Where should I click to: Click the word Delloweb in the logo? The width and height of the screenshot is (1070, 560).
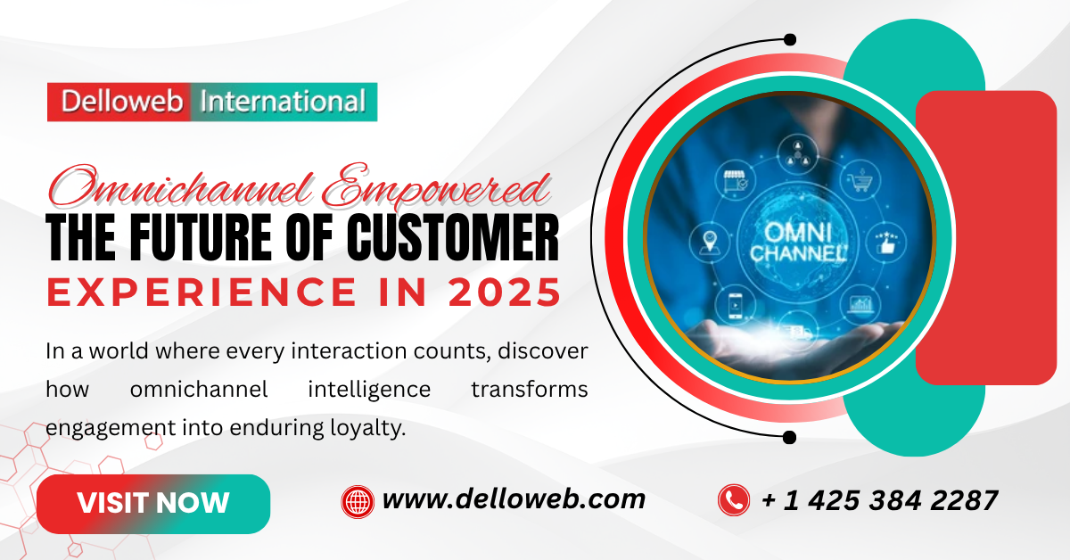[122, 102]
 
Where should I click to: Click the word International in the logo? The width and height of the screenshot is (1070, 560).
[283, 102]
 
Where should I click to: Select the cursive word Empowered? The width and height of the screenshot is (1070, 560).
[436, 187]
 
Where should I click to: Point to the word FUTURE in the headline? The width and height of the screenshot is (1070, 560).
[201, 237]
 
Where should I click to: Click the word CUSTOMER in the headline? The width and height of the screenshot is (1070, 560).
[453, 237]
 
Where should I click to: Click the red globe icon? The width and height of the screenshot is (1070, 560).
[358, 502]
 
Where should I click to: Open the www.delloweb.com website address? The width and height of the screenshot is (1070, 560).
[514, 499]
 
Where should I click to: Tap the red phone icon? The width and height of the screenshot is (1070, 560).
[734, 500]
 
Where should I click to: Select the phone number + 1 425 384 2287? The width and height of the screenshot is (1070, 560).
[879, 500]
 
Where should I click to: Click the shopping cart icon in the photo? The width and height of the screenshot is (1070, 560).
[860, 180]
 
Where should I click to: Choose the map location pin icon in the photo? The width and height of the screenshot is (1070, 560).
[710, 243]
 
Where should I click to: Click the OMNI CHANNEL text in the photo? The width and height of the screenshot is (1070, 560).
[798, 243]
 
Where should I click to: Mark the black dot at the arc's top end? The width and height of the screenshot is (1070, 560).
[790, 39]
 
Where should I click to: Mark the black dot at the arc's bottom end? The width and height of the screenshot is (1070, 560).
[790, 437]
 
